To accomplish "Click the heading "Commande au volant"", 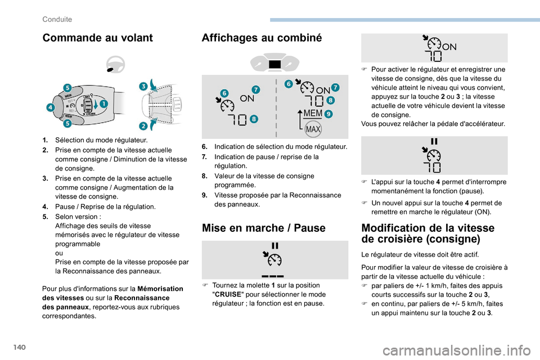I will [x=97, y=38].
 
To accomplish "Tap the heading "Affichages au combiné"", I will [x=262, y=38].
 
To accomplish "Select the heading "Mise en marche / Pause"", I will [x=263, y=228].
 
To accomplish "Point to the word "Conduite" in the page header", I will [x=57, y=19].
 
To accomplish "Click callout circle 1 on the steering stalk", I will [x=104, y=103].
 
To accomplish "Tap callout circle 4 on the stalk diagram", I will [x=51, y=107].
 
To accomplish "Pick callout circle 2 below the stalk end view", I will [x=143, y=125].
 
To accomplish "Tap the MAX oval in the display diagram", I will [x=312, y=130].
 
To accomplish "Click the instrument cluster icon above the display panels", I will [x=275, y=64].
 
